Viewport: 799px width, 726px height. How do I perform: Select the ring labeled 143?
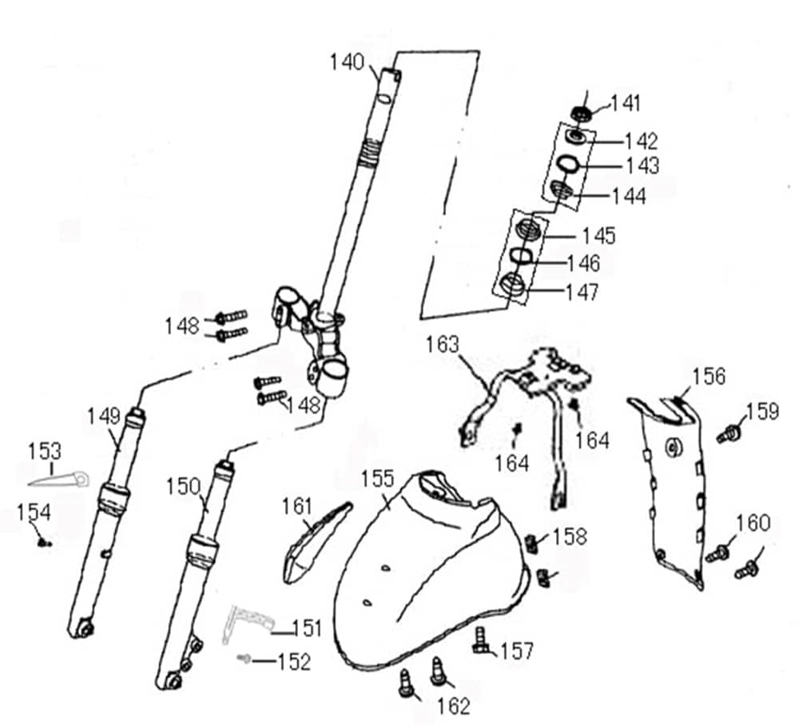568,165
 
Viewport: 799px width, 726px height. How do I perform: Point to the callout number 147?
581,292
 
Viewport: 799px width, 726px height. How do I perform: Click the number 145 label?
598,235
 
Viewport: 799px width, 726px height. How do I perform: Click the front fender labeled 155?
423,576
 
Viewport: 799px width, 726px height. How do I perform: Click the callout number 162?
454,705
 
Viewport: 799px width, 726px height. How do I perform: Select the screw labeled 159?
728,435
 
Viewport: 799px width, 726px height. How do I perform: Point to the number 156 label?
709,376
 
